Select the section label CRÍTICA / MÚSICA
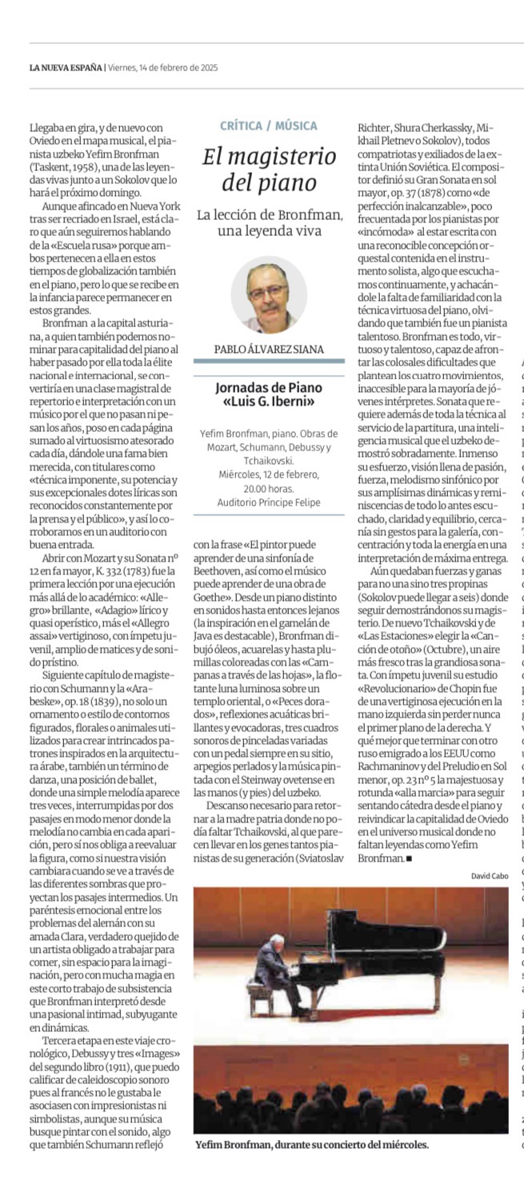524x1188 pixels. pos(270,126)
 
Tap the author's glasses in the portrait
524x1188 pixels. pos(268,290)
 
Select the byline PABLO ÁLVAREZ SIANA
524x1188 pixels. pos(270,350)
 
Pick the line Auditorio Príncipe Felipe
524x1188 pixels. pos(270,502)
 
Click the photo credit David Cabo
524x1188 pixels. pos(489,875)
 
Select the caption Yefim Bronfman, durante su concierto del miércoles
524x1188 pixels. pos(312,1144)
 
